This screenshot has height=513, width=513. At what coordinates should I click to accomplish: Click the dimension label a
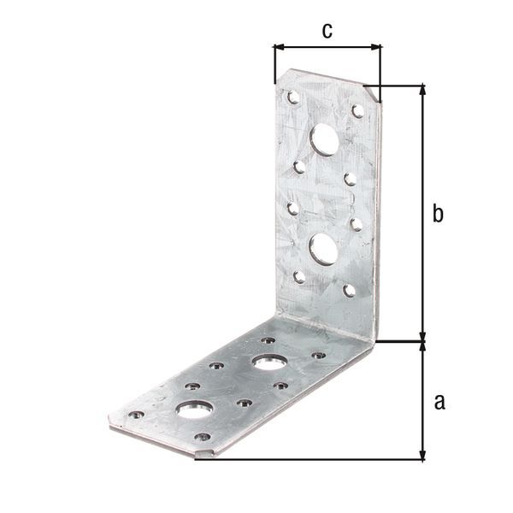tap(439, 400)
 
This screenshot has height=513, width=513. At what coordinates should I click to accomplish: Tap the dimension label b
tap(437, 214)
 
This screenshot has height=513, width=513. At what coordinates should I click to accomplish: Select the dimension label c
tap(327, 31)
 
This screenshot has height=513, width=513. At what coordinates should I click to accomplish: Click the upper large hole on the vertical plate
tap(324, 139)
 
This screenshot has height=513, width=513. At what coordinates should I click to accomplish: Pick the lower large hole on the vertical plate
tap(322, 248)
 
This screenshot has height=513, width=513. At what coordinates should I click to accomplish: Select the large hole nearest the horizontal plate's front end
tap(195, 408)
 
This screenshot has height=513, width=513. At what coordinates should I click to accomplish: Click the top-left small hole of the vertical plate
tap(293, 97)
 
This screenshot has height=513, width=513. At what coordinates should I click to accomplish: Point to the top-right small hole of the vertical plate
tap(357, 111)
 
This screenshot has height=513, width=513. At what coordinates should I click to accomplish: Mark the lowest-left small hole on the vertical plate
tap(299, 276)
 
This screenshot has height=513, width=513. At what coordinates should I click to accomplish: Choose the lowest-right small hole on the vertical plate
tap(349, 291)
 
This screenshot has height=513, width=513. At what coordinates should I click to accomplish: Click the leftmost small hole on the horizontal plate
tap(136, 415)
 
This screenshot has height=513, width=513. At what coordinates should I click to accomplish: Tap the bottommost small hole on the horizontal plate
tap(202, 437)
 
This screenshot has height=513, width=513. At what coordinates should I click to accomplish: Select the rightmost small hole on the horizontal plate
tap(318, 354)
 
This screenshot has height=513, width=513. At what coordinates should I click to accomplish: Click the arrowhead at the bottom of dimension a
tap(422, 454)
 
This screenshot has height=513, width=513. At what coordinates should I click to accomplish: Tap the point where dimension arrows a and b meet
tap(422, 341)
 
